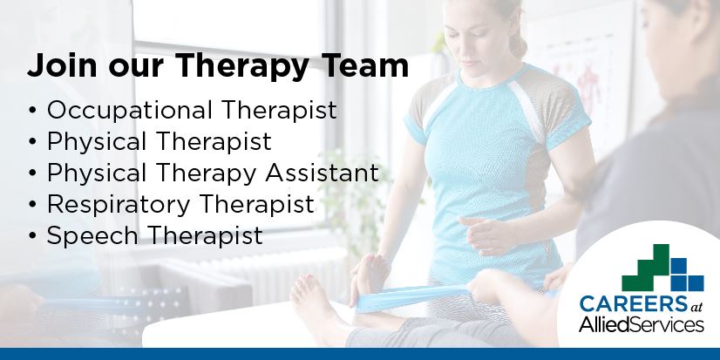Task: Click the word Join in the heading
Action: [57, 66]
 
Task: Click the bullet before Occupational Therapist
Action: [33, 112]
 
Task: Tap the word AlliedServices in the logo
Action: [642, 325]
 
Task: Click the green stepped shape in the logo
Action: [649, 266]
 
